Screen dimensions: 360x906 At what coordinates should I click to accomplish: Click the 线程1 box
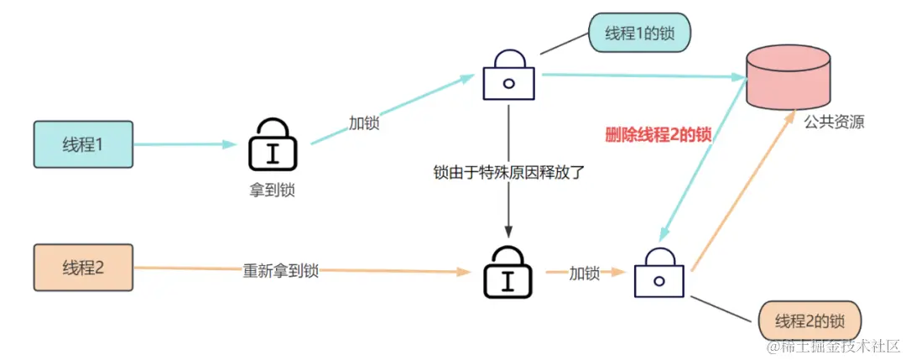[83, 144]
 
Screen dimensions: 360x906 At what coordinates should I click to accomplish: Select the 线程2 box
[83, 268]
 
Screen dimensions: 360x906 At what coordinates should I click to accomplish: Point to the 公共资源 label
[834, 123]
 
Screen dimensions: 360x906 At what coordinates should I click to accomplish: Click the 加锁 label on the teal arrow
[364, 122]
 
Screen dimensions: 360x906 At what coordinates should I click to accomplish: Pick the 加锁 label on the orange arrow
[585, 273]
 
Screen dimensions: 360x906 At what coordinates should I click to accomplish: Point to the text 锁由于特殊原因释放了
[508, 174]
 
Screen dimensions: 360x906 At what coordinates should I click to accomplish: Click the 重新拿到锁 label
[280, 270]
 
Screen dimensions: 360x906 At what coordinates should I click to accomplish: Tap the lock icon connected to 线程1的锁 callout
[508, 75]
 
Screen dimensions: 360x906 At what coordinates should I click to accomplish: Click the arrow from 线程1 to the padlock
[185, 144]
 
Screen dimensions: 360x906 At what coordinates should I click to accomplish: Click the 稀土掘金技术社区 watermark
[830, 345]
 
